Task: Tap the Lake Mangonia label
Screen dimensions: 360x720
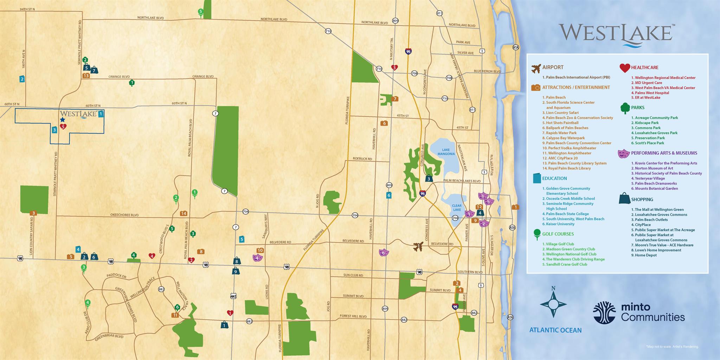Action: (x=446, y=152)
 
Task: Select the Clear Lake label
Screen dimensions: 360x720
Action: (x=457, y=208)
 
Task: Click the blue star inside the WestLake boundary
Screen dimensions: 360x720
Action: (x=63, y=120)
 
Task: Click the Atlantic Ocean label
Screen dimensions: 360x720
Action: (x=555, y=330)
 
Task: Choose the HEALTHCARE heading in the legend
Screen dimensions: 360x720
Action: (x=645, y=67)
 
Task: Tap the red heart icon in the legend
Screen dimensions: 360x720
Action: (x=625, y=67)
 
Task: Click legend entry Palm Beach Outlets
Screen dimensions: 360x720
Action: (x=651, y=220)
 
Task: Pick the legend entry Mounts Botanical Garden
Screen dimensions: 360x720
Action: (x=656, y=188)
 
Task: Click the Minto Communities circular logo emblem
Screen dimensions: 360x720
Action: (x=604, y=312)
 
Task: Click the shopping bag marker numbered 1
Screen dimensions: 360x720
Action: (x=224, y=325)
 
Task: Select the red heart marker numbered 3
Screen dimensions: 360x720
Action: (x=394, y=67)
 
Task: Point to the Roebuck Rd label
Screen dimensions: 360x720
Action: (x=362, y=159)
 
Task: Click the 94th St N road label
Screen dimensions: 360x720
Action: (x=27, y=9)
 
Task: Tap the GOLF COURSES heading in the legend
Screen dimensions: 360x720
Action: (x=558, y=234)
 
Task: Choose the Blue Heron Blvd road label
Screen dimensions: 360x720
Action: (x=487, y=71)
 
